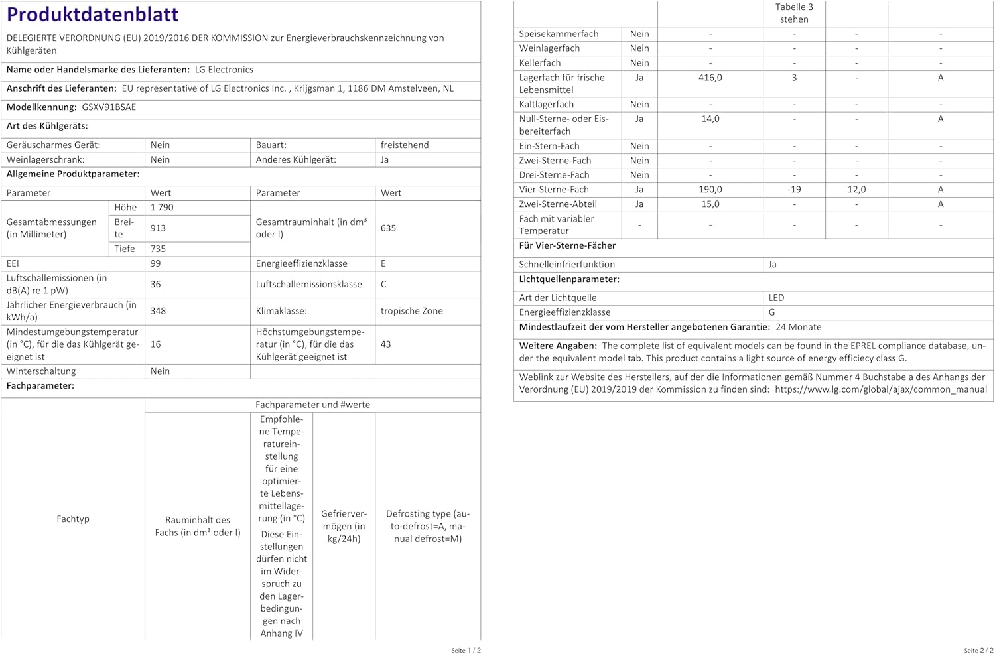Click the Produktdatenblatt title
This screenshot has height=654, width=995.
[x=93, y=15]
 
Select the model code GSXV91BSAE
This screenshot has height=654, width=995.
[x=109, y=107]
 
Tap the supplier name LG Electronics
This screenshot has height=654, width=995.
[x=224, y=70]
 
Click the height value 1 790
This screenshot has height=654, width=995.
[x=162, y=208]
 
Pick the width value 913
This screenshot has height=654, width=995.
[x=159, y=228]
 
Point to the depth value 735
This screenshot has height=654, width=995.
[x=159, y=249]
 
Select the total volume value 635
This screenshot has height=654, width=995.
[x=388, y=228]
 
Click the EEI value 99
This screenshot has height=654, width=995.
[x=156, y=264]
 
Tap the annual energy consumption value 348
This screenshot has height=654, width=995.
[x=159, y=311]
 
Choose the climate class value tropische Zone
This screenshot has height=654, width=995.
[x=411, y=311]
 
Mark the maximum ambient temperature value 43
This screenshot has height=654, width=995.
[x=385, y=344]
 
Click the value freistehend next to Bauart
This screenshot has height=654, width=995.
[x=405, y=145]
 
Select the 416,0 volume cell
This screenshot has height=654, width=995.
[x=710, y=78]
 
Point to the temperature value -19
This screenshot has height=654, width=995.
[x=794, y=190]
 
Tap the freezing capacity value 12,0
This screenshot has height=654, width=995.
[x=856, y=190]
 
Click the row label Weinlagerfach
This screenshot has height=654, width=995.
[x=549, y=48]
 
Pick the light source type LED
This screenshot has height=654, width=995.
[x=776, y=298]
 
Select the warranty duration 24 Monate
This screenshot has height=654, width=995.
[x=799, y=327]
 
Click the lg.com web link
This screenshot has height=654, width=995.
[x=881, y=390]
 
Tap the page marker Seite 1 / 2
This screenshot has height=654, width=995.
[x=466, y=651]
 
